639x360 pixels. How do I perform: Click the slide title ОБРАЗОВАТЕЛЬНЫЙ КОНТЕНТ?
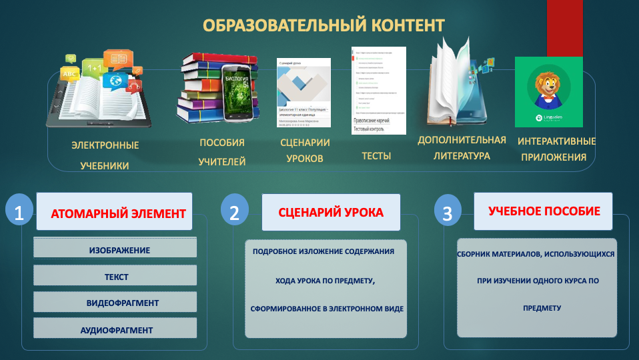324,25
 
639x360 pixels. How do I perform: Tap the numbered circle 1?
19,212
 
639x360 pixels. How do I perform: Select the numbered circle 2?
234,212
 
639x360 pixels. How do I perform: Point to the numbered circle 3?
447,213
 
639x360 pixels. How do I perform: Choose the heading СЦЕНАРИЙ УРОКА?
331,213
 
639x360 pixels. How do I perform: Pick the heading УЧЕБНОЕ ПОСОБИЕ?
544,211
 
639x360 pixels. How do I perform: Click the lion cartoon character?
548,86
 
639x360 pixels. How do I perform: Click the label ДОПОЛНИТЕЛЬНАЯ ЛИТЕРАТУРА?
462,147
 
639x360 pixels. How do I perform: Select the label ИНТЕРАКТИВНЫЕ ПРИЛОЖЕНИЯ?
556,149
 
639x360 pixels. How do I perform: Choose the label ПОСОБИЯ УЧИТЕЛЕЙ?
222,152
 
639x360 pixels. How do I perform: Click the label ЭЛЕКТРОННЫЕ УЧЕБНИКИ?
105,155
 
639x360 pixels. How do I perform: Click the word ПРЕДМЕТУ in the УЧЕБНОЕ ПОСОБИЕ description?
542,309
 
